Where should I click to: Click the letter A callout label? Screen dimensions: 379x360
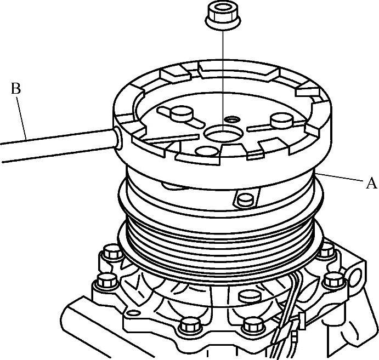pyautogui.click(x=371, y=183)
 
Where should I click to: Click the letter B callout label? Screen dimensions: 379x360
pyautogui.click(x=16, y=88)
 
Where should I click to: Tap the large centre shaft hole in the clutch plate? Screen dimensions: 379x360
pyautogui.click(x=222, y=134)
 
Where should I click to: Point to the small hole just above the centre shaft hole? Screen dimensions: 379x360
pyautogui.click(x=232, y=119)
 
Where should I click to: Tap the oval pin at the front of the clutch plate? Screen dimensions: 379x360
pyautogui.click(x=207, y=151)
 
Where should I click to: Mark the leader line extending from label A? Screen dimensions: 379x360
pyautogui.click(x=339, y=177)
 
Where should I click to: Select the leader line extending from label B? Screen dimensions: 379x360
pyautogui.click(x=21, y=118)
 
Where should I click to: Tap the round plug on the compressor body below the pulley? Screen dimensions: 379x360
pyautogui.click(x=250, y=296)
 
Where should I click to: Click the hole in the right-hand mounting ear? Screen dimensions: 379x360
pyautogui.click(x=357, y=278)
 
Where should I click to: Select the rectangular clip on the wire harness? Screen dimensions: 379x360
pyautogui.click(x=302, y=321)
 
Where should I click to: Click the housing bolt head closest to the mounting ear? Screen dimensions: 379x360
pyautogui.click(x=333, y=281)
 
